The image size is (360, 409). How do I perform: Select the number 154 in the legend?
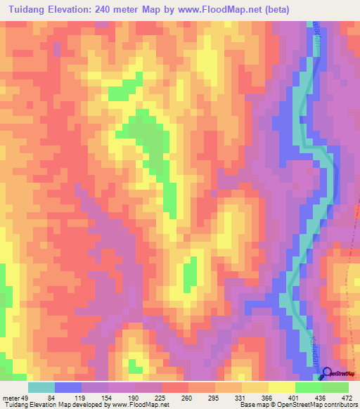[106, 397]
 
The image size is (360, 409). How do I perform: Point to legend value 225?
[160, 397]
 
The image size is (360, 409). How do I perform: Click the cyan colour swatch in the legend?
[41, 387]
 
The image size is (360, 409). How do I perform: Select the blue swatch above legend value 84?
[68, 387]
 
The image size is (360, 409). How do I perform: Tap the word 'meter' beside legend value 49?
[11, 397]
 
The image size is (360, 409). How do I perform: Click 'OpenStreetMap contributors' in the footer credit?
[319, 404]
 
